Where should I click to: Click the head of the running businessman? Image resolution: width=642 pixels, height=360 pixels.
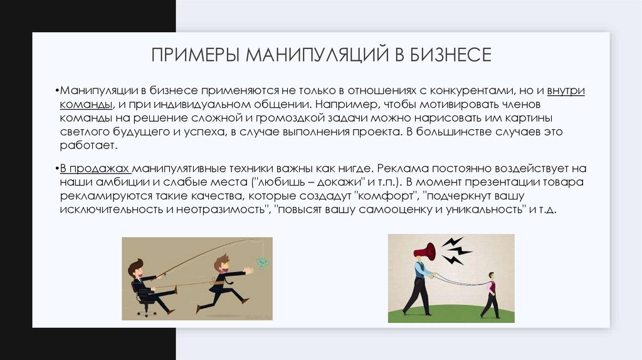point(221,262)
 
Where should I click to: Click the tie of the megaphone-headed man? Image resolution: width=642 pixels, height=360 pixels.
point(420,270)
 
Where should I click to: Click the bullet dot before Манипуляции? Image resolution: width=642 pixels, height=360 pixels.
point(56,90)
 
